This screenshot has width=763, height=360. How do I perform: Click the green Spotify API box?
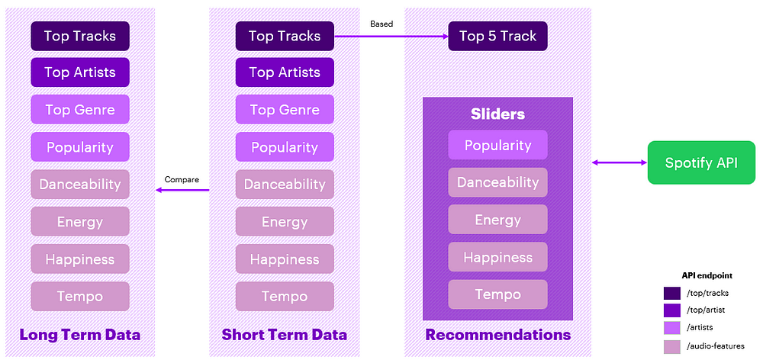pyautogui.click(x=701, y=162)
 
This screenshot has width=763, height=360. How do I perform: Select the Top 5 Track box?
pyautogui.click(x=497, y=36)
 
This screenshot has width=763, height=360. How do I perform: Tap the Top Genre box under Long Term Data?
pyautogui.click(x=80, y=110)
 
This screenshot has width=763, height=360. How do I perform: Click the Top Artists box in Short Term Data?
pyautogui.click(x=285, y=72)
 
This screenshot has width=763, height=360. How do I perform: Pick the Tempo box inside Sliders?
pyautogui.click(x=497, y=294)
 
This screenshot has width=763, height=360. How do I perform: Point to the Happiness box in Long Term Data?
pyautogui.click(x=80, y=259)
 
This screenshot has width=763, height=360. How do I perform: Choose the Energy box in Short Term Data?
pyautogui.click(x=285, y=222)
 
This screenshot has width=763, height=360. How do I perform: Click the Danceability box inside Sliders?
pyautogui.click(x=497, y=182)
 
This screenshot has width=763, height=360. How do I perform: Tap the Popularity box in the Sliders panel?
pyautogui.click(x=497, y=145)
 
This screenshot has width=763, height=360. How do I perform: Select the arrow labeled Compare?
pyautogui.click(x=182, y=190)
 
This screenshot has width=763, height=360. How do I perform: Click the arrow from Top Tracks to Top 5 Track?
pyautogui.click(x=391, y=36)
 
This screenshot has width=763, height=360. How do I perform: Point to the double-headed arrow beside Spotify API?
pyautogui.click(x=620, y=162)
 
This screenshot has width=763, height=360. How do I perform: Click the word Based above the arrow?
pyautogui.click(x=381, y=24)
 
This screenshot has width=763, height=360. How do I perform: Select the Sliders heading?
pyautogui.click(x=497, y=114)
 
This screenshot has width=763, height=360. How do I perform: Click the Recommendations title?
pyautogui.click(x=497, y=335)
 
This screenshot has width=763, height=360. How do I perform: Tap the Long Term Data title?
pyautogui.click(x=80, y=335)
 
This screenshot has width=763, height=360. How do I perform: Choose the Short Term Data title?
pyautogui.click(x=284, y=335)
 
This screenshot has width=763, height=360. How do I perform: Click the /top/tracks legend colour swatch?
pyautogui.click(x=672, y=294)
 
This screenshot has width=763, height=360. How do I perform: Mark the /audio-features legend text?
pyautogui.click(x=715, y=346)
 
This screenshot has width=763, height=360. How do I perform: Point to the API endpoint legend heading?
pyautogui.click(x=707, y=275)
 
